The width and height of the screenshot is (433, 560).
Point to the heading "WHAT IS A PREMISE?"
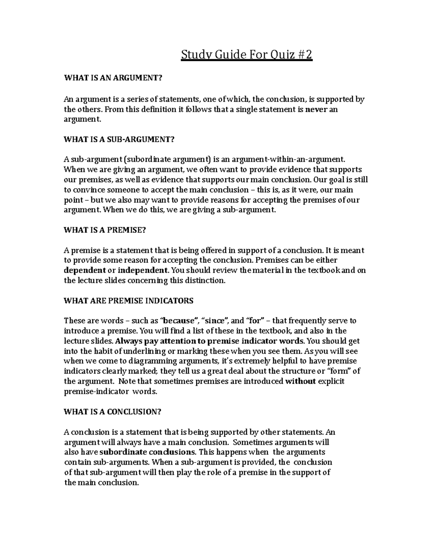click(105, 230)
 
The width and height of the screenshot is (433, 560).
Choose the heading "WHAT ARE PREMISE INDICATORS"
click(128, 301)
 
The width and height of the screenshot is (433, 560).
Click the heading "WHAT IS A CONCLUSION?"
click(112, 412)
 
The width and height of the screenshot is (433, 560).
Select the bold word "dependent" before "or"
click(84, 270)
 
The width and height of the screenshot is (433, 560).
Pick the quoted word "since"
click(215, 321)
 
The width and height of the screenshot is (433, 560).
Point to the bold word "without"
click(301, 381)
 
